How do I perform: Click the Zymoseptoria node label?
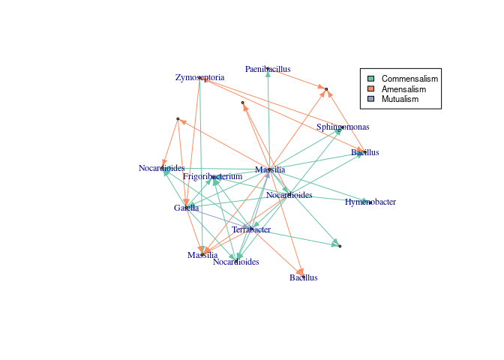(x=199, y=77)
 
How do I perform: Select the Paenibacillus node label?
(x=268, y=69)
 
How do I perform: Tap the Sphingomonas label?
(x=342, y=127)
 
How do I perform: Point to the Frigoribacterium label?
(x=213, y=176)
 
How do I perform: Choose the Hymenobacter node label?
(x=370, y=202)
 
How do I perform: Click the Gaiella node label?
(x=186, y=208)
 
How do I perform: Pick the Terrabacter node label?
(x=251, y=229)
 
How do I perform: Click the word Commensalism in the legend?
(x=409, y=79)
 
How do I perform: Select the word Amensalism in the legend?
(x=403, y=89)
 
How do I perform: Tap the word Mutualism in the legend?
(x=401, y=99)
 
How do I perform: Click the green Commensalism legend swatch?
(x=370, y=79)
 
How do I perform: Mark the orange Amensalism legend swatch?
(x=370, y=89)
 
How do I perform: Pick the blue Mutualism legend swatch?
(x=370, y=99)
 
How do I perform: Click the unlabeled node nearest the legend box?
(x=326, y=89)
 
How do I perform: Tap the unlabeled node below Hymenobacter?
(x=340, y=246)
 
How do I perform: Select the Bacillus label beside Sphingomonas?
(x=364, y=152)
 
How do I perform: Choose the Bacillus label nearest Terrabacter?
(x=304, y=277)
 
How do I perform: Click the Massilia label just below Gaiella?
(x=202, y=256)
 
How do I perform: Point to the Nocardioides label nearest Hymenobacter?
(x=289, y=195)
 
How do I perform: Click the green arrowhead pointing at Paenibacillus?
(x=268, y=74)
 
